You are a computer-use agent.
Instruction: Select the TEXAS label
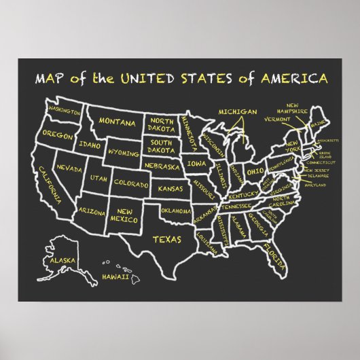(166, 238)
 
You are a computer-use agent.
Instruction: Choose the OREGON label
(57, 134)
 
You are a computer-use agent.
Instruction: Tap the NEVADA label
(69, 167)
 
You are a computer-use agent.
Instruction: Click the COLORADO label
(131, 183)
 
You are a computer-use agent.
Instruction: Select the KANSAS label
(170, 187)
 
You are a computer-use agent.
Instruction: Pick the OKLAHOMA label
(176, 211)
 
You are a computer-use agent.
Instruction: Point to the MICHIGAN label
(237, 111)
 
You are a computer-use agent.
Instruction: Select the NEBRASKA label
(161, 165)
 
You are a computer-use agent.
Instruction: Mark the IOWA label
(197, 164)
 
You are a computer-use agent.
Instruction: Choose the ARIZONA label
(91, 211)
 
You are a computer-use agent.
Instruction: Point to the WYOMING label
(123, 152)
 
